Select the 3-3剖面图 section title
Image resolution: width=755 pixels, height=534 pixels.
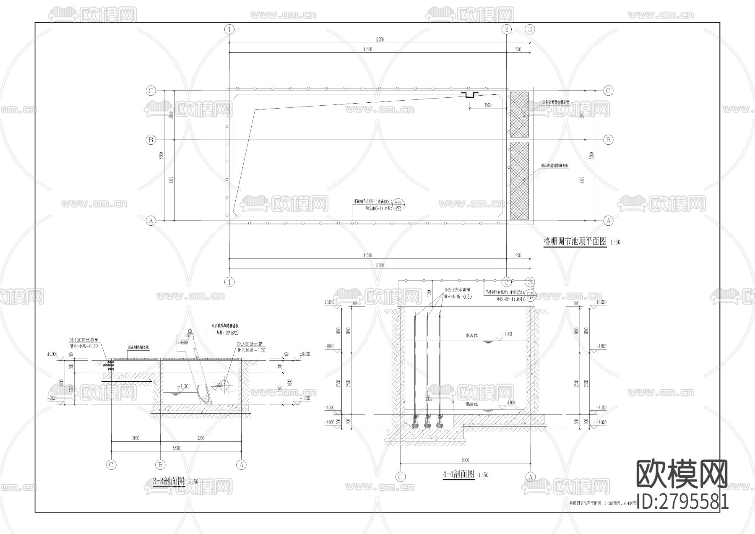click(169, 481)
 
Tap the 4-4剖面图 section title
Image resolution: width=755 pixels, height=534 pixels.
click(458, 474)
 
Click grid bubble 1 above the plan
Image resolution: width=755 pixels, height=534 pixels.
click(229, 29)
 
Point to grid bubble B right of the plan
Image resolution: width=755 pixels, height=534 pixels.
click(608, 140)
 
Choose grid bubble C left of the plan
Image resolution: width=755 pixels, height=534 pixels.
click(151, 91)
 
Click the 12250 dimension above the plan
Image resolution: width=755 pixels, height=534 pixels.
click(380, 39)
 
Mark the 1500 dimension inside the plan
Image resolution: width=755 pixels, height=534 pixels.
click(488, 105)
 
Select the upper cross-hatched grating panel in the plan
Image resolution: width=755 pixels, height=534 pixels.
click(519, 115)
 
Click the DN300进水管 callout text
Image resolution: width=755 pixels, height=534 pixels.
click(252, 344)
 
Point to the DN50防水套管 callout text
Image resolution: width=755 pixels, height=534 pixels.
click(457, 290)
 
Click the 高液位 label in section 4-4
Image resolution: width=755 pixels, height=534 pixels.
click(471, 336)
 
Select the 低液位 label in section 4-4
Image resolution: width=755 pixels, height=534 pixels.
click(472, 405)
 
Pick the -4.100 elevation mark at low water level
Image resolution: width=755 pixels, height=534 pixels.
click(509, 403)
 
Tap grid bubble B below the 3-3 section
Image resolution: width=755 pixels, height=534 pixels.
click(160, 465)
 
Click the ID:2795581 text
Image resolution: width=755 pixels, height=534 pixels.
click(682, 501)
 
